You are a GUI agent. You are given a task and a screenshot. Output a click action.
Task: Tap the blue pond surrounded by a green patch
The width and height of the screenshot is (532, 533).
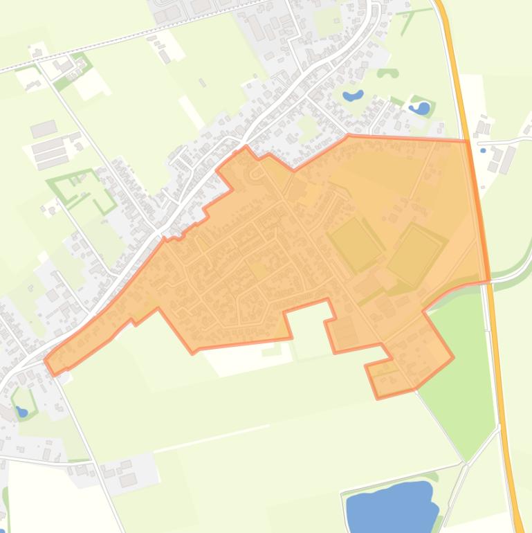coord(420,108)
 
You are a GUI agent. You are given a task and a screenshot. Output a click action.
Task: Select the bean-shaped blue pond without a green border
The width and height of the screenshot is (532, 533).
coord(353,96)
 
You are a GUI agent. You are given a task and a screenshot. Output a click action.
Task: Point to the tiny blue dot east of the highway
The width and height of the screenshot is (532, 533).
coord(502,150)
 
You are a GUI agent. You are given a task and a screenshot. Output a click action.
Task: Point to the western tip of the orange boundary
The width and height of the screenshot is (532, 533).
coord(47,360)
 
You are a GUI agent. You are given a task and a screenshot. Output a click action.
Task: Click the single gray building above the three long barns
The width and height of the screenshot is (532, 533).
coord(43,129)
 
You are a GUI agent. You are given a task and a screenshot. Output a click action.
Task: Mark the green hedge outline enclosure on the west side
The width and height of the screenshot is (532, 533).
coord(82,188)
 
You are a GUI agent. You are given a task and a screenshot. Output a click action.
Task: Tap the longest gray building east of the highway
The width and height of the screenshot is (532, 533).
coord(508,160)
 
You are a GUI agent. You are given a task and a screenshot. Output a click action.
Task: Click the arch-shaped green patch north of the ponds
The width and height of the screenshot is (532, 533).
coord(387,73)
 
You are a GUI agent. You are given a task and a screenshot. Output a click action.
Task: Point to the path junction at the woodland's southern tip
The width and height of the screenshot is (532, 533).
coord(465,461)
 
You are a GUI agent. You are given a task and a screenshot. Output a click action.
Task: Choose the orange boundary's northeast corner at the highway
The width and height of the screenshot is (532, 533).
coord(468,141)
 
